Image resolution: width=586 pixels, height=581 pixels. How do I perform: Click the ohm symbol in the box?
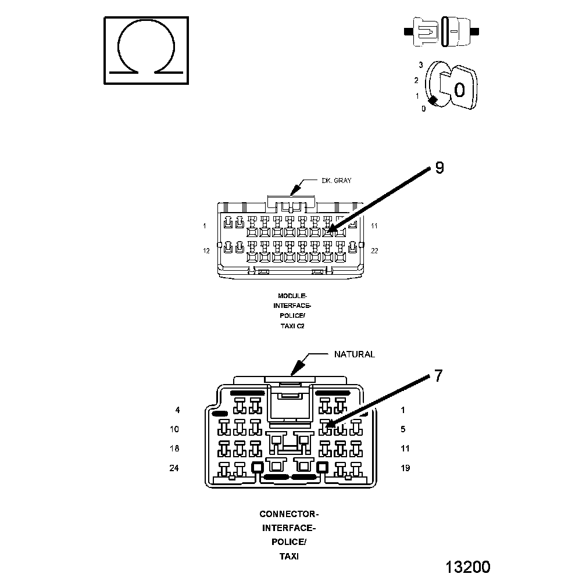tap(146, 49)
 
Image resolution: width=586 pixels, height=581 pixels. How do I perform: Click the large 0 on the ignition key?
tap(459, 89)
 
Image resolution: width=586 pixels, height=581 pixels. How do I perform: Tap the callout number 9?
tap(439, 168)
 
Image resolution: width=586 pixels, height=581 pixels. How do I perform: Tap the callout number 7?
tap(438, 376)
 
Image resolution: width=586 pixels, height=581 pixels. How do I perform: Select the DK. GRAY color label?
tap(337, 181)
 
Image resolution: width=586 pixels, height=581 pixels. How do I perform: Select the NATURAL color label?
tap(354, 354)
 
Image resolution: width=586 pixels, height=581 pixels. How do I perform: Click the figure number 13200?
tap(467, 567)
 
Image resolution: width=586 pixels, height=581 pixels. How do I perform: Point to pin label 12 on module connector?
tap(206, 251)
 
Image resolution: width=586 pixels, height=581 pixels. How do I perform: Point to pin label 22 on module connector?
tap(374, 251)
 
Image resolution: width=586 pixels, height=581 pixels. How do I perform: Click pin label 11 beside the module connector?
tap(374, 225)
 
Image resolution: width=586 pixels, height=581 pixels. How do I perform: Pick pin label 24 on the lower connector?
tap(174, 468)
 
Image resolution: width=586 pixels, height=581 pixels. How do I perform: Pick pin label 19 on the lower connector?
tap(405, 468)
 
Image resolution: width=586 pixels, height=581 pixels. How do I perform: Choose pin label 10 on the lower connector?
tap(174, 429)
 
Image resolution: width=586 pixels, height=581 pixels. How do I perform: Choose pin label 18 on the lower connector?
tap(174, 449)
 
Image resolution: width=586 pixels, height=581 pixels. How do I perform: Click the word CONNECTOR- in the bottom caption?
tap(289, 514)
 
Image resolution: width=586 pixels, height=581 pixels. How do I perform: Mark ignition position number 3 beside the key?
tap(420, 65)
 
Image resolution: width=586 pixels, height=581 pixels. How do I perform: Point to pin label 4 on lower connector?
tap(177, 410)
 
